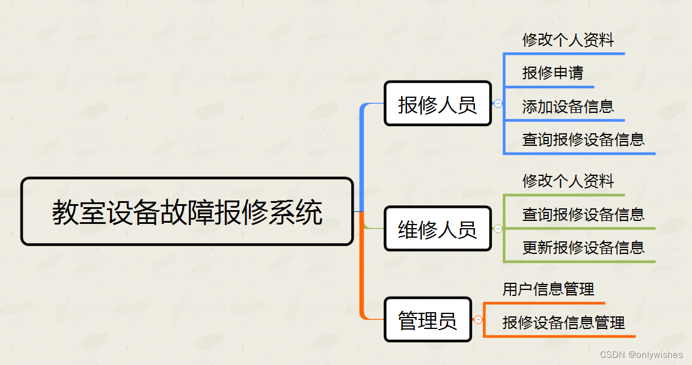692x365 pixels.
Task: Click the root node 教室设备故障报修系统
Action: [187, 211]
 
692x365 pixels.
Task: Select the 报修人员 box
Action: [438, 104]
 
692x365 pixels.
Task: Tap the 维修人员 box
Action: [438, 229]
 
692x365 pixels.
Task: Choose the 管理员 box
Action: [427, 319]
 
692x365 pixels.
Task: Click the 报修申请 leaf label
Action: [553, 73]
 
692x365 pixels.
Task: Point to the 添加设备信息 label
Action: [568, 107]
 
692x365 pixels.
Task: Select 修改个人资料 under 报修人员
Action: [568, 40]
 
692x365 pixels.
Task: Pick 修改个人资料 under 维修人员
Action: [568, 181]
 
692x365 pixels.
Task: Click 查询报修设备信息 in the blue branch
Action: [583, 140]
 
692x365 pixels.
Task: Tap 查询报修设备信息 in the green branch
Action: [583, 214]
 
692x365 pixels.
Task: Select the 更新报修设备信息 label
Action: [583, 247]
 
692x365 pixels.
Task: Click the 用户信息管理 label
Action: [548, 289]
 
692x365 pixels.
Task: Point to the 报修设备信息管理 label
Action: [563, 323]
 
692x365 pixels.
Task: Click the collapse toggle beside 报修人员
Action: [498, 103]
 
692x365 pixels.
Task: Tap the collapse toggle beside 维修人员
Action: [498, 228]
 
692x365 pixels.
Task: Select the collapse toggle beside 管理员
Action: [478, 319]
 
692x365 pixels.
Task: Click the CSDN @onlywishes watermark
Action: [641, 355]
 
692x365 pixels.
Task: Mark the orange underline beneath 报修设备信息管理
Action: [559, 336]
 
